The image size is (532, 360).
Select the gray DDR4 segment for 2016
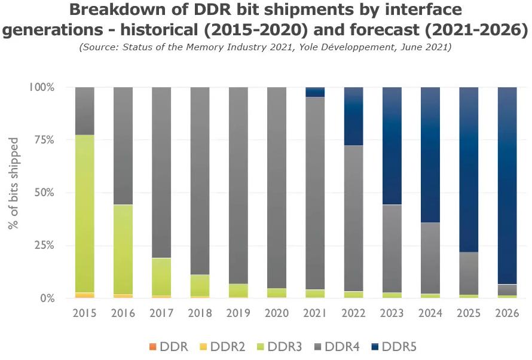pyautogui.click(x=123, y=146)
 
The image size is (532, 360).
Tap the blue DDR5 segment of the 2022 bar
pyautogui.click(x=353, y=116)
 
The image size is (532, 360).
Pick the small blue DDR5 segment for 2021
pyautogui.click(x=315, y=91)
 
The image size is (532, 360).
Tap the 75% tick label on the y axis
pyautogui.click(x=42, y=140)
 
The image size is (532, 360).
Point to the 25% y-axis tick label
pyautogui.click(x=42, y=246)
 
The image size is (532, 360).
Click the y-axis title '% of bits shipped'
pyautogui.click(x=13, y=184)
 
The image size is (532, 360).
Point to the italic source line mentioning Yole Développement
pyautogui.click(x=265, y=47)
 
